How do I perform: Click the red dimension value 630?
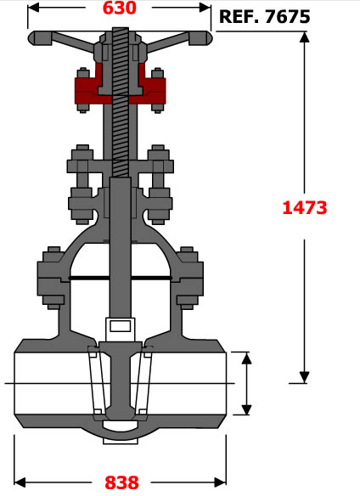point(120,8)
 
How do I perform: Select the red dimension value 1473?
point(305,208)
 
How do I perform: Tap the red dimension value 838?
point(121,482)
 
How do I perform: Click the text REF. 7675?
point(264,16)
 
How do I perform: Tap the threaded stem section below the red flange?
point(121,136)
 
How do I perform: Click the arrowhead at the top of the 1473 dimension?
point(304,37)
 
